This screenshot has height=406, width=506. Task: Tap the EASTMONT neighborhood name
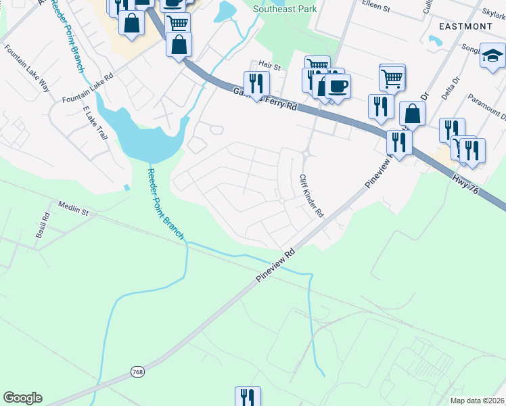click(465, 26)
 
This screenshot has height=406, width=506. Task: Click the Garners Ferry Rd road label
click(265, 98)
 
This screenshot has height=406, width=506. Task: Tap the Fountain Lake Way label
click(28, 68)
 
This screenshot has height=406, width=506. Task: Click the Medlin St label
click(74, 206)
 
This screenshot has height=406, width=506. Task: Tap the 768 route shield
click(137, 373)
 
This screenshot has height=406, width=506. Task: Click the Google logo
click(22, 398)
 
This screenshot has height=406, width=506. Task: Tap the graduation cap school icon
click(493, 56)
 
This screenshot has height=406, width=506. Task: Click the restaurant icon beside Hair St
click(256, 83)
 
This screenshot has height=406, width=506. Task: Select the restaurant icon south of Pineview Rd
click(248, 397)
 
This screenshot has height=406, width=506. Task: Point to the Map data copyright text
click(476, 401)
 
